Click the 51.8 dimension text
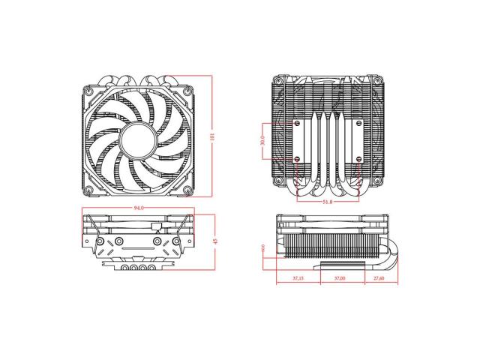point(328,202)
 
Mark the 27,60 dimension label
point(379,278)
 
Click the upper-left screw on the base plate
point(298,121)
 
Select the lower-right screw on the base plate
point(358,160)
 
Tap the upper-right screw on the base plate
point(358,121)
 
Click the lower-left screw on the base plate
point(298,160)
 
